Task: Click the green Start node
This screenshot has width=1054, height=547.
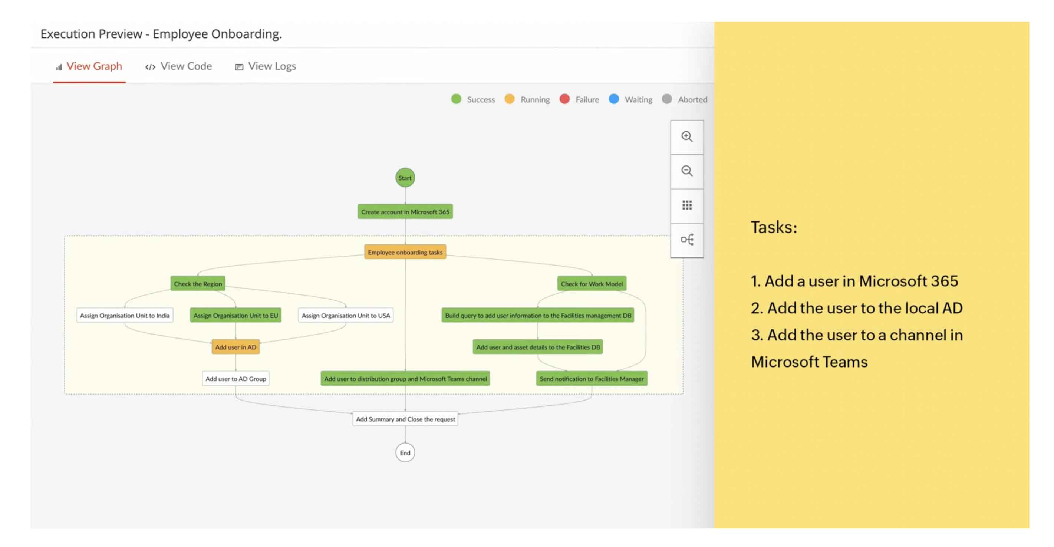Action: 405,178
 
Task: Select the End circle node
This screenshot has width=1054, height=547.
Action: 405,452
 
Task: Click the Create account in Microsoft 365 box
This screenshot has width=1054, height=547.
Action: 405,211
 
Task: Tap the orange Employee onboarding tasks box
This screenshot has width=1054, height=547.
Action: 405,252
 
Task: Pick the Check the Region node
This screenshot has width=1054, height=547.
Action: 198,284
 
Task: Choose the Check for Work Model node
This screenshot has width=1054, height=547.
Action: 591,284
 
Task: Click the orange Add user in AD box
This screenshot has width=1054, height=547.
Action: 235,347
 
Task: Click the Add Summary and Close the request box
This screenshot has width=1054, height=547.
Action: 405,419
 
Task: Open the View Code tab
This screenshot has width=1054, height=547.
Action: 179,66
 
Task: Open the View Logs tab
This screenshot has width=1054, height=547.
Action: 266,66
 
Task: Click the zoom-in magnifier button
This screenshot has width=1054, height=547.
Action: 686,136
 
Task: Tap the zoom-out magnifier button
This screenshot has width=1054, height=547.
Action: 686,171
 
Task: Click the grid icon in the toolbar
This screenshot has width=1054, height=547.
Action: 686,205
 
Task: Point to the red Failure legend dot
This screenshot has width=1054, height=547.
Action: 564,99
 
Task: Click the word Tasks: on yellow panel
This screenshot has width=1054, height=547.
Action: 774,227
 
